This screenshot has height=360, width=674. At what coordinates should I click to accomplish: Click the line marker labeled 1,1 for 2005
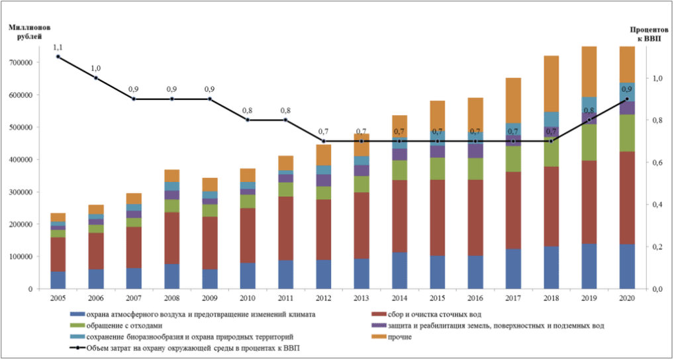[58, 57]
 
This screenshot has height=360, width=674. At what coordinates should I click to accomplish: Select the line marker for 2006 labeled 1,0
[96, 77]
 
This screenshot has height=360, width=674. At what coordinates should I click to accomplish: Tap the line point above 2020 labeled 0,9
[627, 99]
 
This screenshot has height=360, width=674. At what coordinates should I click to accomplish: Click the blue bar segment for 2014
[399, 271]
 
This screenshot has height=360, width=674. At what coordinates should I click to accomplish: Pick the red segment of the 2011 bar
[286, 228]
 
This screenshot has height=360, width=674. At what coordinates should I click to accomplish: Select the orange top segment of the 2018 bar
[551, 84]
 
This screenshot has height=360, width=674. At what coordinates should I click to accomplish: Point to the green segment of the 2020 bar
[627, 133]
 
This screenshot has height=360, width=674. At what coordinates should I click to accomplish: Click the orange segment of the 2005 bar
[58, 217]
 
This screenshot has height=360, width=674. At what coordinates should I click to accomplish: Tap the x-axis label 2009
[210, 298]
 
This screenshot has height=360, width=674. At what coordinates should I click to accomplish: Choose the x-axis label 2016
[475, 298]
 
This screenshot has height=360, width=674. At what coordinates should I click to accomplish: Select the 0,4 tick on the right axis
[655, 204]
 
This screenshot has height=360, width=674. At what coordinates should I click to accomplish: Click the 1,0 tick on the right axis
[655, 78]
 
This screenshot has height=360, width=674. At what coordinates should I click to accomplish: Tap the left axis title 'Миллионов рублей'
[29, 31]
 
